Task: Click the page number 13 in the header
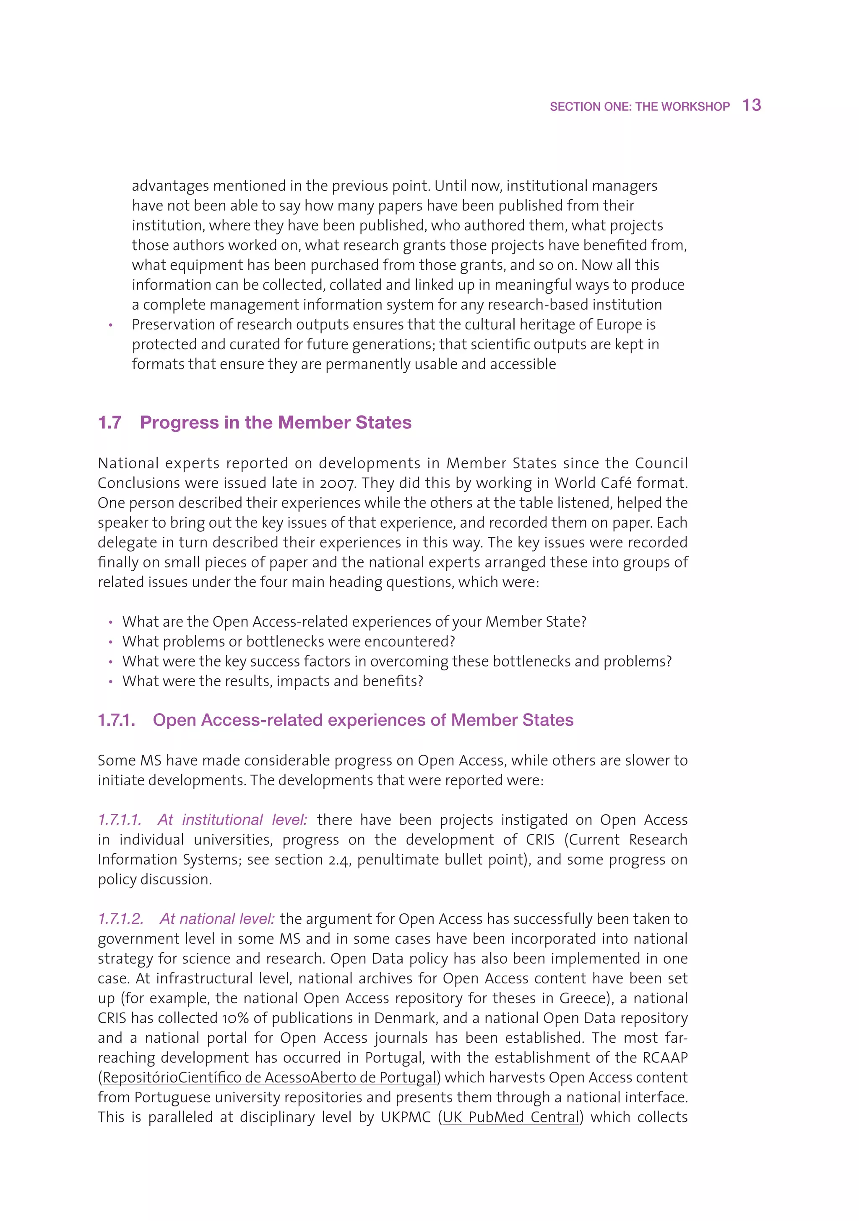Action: click(751, 105)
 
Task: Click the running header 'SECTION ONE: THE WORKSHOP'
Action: click(640, 107)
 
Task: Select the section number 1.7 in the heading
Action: click(109, 422)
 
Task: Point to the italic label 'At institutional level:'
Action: click(232, 819)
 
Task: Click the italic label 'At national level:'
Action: click(217, 918)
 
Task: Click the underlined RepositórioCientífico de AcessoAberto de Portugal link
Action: click(270, 1077)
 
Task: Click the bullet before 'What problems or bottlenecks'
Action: click(111, 643)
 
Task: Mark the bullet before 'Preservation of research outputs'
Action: click(111, 325)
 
